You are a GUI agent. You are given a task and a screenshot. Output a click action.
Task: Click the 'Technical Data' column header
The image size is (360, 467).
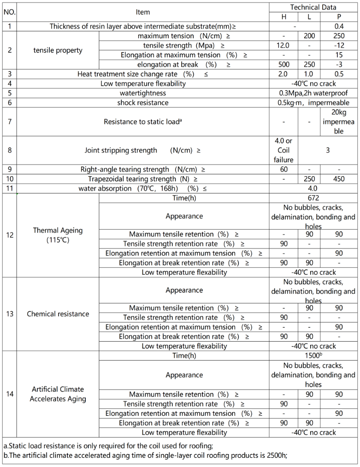[313, 7]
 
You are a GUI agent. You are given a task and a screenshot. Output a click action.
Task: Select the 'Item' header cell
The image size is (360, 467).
[143, 12]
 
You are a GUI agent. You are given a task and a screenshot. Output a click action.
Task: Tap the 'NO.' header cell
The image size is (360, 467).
[10, 12]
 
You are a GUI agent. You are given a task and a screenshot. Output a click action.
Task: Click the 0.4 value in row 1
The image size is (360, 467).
[339, 26]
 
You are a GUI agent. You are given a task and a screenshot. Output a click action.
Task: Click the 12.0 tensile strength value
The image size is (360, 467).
[283, 46]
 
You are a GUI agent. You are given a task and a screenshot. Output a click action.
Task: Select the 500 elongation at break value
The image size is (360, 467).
[283, 65]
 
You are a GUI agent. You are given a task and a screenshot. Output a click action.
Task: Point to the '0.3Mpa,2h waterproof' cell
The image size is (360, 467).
[313, 93]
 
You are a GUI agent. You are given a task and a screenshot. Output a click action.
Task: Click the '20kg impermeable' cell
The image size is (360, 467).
[339, 122]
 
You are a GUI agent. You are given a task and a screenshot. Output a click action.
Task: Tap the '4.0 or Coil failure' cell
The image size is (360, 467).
[283, 150]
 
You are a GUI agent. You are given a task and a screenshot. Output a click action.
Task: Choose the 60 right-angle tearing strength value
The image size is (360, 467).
[283, 170]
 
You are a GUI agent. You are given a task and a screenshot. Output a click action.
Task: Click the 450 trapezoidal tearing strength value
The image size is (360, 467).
[339, 179]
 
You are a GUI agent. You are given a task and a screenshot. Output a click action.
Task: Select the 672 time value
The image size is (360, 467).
[313, 198]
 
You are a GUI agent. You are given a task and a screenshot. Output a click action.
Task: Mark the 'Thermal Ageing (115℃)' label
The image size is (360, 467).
[58, 235]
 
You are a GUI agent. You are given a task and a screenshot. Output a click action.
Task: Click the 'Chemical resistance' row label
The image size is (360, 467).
[58, 314]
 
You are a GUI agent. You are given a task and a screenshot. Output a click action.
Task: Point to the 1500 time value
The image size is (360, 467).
[313, 356]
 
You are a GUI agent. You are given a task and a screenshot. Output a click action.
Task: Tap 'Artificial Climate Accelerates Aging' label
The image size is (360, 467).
[58, 394]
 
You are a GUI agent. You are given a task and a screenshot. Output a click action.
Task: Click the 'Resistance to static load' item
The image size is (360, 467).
[143, 122]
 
